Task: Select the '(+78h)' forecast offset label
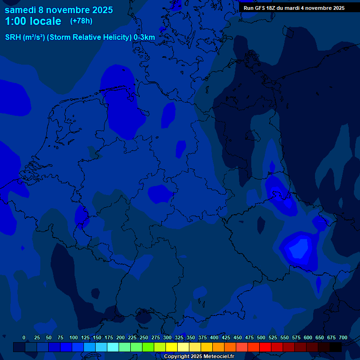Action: click(x=81, y=21)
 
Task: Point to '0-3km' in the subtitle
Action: click(x=144, y=37)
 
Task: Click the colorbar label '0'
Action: click(x=24, y=337)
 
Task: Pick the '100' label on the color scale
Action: click(x=73, y=337)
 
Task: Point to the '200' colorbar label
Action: click(x=120, y=337)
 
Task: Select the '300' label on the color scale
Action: click(x=167, y=337)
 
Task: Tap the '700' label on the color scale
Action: click(x=343, y=337)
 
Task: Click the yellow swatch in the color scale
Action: click(x=172, y=347)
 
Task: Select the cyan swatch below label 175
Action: click(x=113, y=347)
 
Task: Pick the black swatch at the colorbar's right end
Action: click(x=336, y=347)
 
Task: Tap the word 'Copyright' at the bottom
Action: click(x=176, y=357)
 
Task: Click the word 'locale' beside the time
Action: click(x=45, y=21)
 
